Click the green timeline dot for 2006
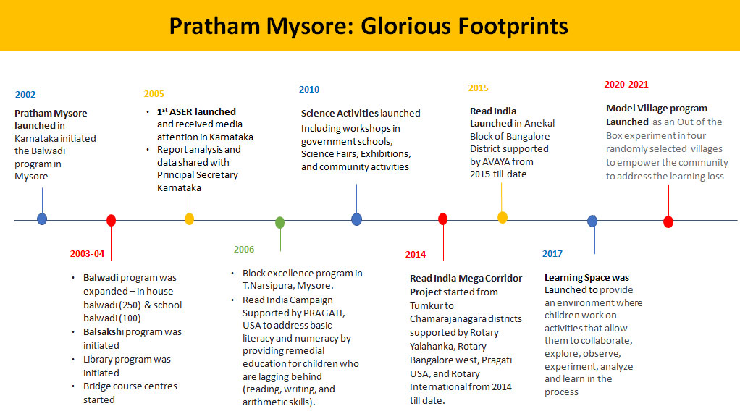280,222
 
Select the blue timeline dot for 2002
42,219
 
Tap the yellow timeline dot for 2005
189,219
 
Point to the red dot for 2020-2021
668,221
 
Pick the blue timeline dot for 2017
592,221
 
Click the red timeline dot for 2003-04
111,220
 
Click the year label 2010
309,90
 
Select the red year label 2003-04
88,254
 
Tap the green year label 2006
244,250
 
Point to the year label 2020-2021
626,85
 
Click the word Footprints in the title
513,27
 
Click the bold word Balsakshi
104,331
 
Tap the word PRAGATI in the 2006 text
316,313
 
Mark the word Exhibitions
386,154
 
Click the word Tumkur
426,306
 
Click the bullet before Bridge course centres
73,386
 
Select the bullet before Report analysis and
147,150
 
